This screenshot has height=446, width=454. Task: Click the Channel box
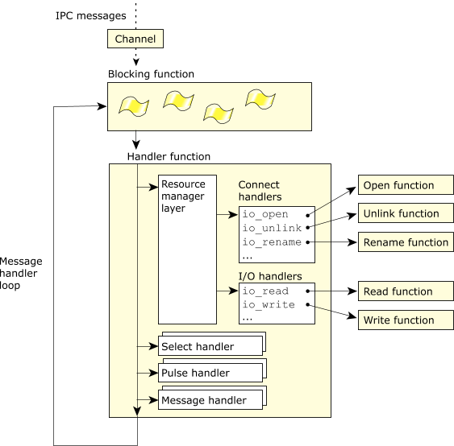(135, 39)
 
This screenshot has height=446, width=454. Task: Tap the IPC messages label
(90, 15)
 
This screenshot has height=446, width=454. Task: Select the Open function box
(406, 185)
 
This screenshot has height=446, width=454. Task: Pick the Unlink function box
(406, 213)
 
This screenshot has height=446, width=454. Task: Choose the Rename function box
(406, 242)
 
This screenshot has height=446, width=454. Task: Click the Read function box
(406, 291)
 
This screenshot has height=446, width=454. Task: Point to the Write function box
(406, 320)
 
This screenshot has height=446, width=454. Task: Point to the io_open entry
(265, 214)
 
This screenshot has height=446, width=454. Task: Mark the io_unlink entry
(272, 228)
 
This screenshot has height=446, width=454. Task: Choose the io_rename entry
(272, 242)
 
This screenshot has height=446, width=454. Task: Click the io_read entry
(265, 291)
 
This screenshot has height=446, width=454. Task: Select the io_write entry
(269, 304)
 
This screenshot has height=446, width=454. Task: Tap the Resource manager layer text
(183, 196)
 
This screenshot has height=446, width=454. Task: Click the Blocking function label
(151, 74)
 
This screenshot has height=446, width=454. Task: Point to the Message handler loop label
(21, 273)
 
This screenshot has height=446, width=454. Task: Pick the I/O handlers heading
(270, 276)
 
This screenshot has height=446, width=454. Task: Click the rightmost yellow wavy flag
(260, 100)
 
